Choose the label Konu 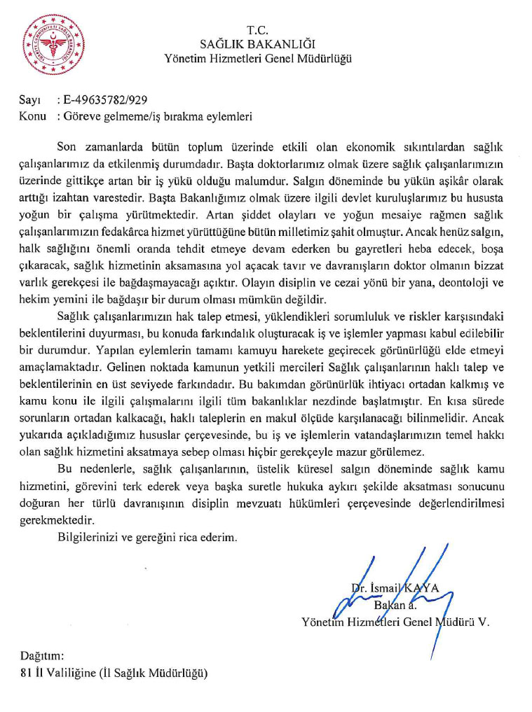(33, 116)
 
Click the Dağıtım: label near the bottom (42, 657)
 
